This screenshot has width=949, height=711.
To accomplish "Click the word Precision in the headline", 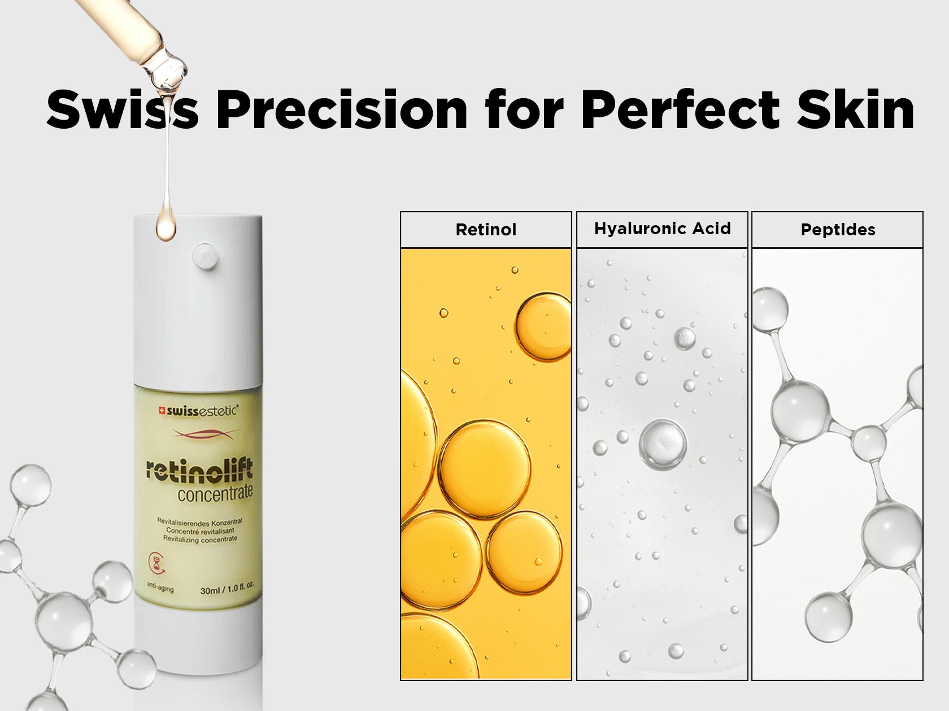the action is pos(342,109).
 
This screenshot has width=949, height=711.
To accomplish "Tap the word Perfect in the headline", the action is pos(681,109).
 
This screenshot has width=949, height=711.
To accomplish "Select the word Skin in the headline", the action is pos(856,109).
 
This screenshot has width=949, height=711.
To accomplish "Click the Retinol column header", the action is pos(486,230).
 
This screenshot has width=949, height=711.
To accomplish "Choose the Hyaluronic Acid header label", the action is pos(663,229).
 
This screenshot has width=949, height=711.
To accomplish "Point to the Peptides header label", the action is pos(838,230).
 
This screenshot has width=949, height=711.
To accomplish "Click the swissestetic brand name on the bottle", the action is pos(202,411).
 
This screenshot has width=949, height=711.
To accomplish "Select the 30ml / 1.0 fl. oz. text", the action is pos(227,589).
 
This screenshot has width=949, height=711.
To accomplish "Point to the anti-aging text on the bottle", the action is pos(160,586).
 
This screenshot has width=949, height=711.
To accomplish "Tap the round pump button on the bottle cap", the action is pos(205,256).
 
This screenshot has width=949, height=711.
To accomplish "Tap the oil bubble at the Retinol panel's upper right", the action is pos(544,327).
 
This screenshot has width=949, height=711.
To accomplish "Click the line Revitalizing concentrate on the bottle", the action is pos(200,539).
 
